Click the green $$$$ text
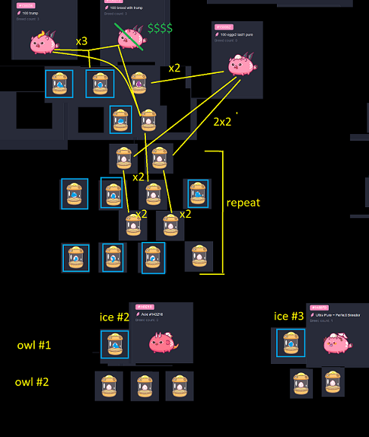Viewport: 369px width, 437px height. point(161,29)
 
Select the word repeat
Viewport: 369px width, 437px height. point(243,203)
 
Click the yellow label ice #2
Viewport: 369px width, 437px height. point(115,317)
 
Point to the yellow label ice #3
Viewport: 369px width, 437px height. point(288,316)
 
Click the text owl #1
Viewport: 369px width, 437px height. point(34,346)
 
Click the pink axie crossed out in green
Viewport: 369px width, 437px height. point(131,38)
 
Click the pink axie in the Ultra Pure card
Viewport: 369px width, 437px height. point(333,343)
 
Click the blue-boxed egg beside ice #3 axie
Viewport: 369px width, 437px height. point(291,343)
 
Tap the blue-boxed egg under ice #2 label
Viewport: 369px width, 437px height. point(115,344)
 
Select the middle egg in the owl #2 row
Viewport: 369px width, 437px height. point(144,386)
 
